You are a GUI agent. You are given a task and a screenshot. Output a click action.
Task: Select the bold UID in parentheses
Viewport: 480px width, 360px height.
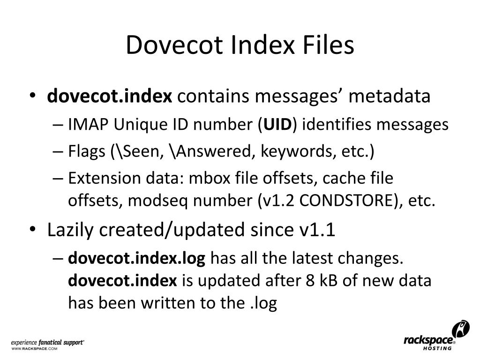pos(278,125)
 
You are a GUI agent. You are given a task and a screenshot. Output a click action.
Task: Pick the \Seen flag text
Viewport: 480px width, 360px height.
pos(139,152)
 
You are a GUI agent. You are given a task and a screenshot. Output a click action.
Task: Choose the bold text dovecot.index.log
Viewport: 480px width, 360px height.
pos(137,258)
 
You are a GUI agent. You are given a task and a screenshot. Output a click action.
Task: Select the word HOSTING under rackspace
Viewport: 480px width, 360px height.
pos(437,349)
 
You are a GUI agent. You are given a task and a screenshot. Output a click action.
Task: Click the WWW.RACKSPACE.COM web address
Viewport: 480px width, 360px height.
pos(34,349)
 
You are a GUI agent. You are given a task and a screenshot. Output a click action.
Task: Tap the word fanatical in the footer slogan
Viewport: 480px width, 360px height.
pos(52,343)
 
